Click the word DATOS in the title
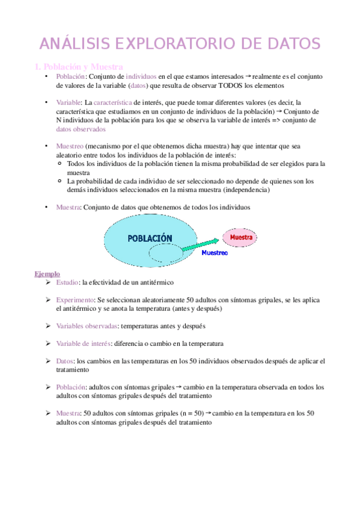287,44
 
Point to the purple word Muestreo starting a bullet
70,146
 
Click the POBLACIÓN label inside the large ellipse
150,238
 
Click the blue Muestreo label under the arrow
215,253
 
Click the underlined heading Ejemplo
47,274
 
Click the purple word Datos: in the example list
66,361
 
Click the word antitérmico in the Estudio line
156,282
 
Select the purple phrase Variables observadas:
87,326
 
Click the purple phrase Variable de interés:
83,343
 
